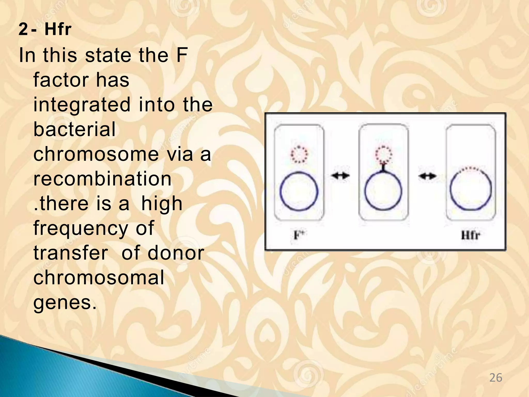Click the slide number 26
496,378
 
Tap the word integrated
82,105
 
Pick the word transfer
71,253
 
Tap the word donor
176,253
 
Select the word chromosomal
99,278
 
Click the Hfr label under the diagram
470,235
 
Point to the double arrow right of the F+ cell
340,176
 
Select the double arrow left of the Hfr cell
427,176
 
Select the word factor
61,80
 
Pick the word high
162,204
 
